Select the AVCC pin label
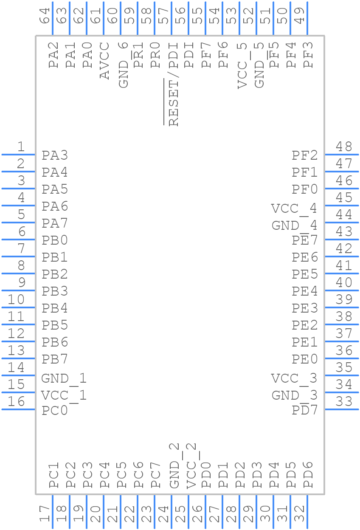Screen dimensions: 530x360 105,60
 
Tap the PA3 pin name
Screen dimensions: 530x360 55,155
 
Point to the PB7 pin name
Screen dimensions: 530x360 55,359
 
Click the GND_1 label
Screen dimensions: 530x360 64,378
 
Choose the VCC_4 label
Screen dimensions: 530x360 294,209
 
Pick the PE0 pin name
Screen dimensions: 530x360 304,359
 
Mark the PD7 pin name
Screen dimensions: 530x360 304,410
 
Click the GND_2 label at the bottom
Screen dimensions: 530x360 174,465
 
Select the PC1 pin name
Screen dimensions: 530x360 54,475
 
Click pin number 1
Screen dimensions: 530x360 20,147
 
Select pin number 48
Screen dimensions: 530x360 344,147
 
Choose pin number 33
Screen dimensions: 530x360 344,402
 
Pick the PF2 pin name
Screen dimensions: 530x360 304,155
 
